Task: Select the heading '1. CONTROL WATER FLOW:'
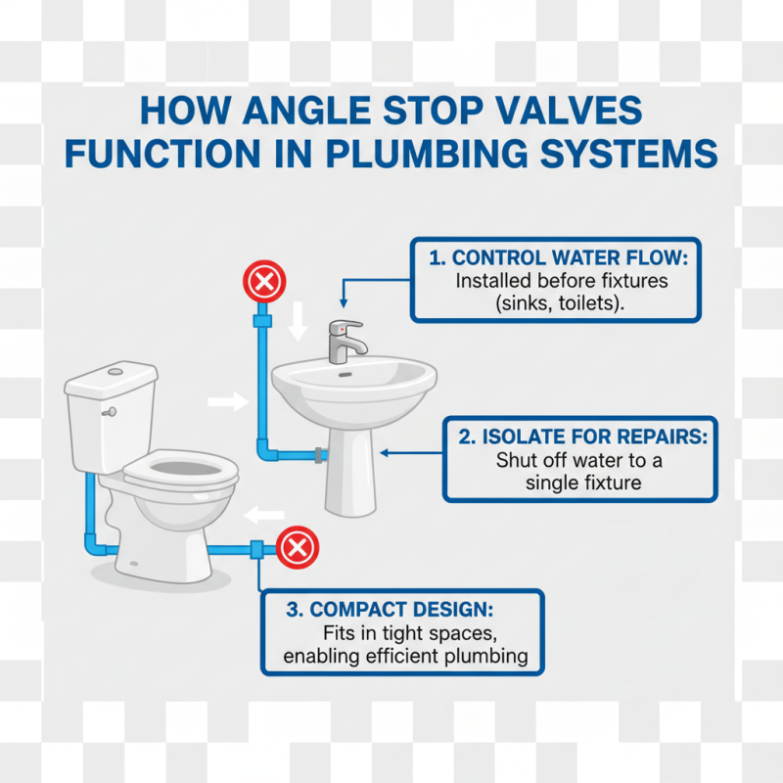(555, 259)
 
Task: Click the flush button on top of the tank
(115, 371)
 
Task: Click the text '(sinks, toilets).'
(555, 302)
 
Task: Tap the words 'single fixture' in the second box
(582, 483)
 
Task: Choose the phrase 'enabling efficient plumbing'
(412, 656)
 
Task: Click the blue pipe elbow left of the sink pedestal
(265, 450)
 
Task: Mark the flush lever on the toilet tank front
(111, 412)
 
